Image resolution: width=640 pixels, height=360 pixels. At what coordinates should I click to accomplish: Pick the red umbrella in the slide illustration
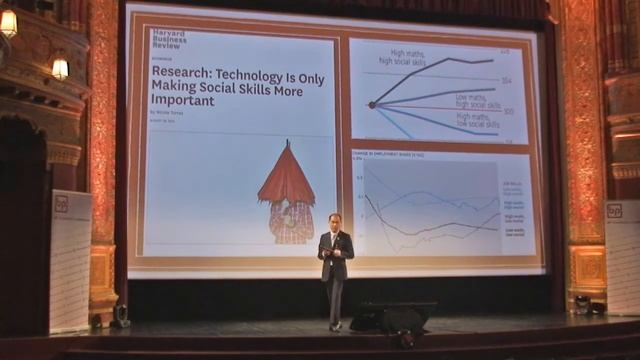[x=286, y=178]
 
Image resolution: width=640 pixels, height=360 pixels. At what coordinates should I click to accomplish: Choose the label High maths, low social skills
[x=478, y=122]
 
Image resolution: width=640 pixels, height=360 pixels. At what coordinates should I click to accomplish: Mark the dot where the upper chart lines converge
[x=371, y=105]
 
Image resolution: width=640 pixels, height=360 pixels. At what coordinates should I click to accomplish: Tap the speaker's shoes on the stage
[x=335, y=326]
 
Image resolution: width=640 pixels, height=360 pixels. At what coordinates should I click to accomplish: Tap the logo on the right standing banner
[x=614, y=211]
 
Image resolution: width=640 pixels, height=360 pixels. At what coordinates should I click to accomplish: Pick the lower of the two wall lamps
[x=60, y=67]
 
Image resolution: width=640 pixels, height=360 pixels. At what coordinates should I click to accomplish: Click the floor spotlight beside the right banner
[x=580, y=303]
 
